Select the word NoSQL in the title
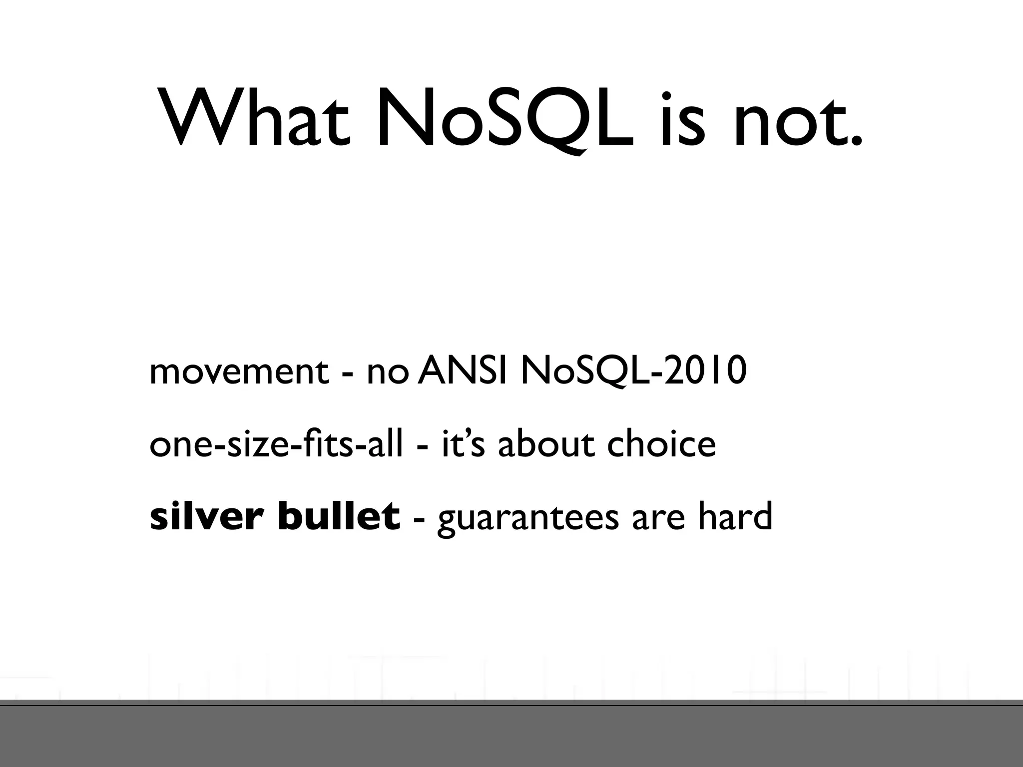505,120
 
